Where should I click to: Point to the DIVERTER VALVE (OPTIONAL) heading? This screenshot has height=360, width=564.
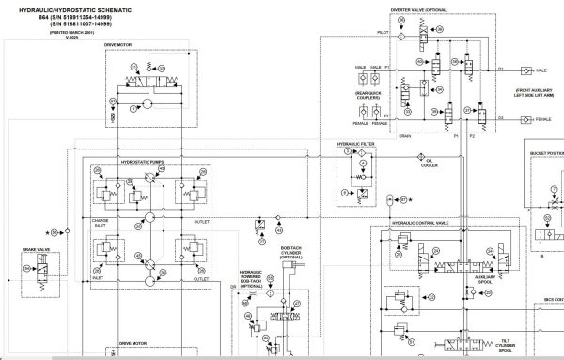point(417,10)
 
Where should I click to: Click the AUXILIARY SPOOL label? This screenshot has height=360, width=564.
point(487,280)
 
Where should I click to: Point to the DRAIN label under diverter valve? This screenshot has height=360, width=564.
point(405,136)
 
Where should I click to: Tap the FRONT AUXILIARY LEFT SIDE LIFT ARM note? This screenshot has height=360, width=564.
point(532,93)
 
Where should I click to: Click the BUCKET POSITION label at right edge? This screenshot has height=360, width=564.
point(544,153)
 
